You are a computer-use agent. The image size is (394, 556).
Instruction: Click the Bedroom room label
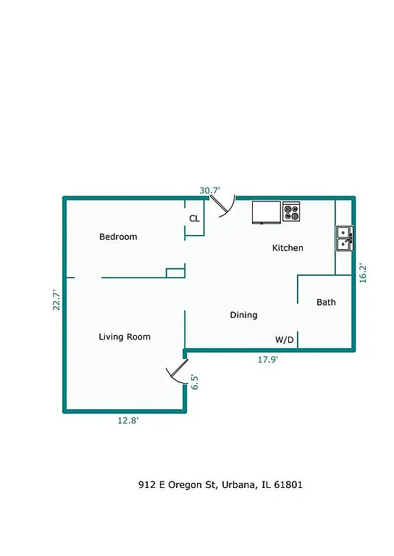[x=118, y=237]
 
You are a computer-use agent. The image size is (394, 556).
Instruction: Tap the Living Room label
[x=125, y=337]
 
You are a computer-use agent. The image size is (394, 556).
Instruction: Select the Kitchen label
[x=288, y=248]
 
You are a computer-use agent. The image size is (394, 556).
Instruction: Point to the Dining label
[x=243, y=315]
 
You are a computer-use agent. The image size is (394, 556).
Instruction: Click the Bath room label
[x=326, y=302]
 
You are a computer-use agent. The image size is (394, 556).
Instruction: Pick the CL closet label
[x=194, y=218]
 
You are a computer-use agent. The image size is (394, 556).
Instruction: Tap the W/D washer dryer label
[x=284, y=340]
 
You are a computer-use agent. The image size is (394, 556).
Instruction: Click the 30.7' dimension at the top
[x=209, y=190]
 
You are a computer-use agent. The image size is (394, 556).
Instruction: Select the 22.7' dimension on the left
[x=55, y=299]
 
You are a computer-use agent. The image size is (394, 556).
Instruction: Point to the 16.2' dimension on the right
[x=363, y=272]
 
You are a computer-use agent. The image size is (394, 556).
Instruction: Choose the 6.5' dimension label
[x=195, y=382]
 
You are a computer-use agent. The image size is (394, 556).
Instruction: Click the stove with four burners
[x=291, y=212]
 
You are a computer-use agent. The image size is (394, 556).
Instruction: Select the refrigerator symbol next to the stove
[x=266, y=212]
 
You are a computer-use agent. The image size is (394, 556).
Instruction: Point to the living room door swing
[x=175, y=373]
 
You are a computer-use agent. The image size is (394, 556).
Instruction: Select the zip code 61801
[x=288, y=484]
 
